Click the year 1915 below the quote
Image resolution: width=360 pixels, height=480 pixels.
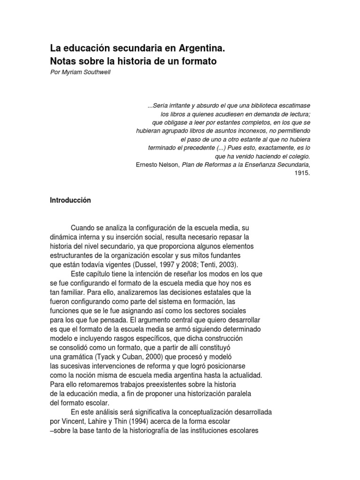coord(302,173)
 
